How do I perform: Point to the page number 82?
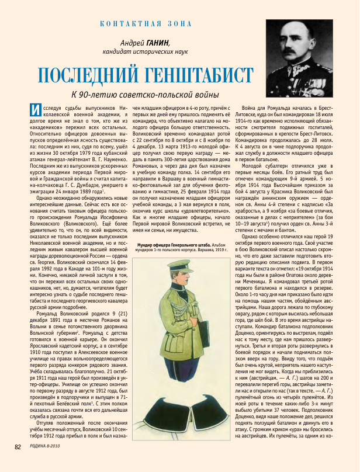[x=18, y=463]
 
